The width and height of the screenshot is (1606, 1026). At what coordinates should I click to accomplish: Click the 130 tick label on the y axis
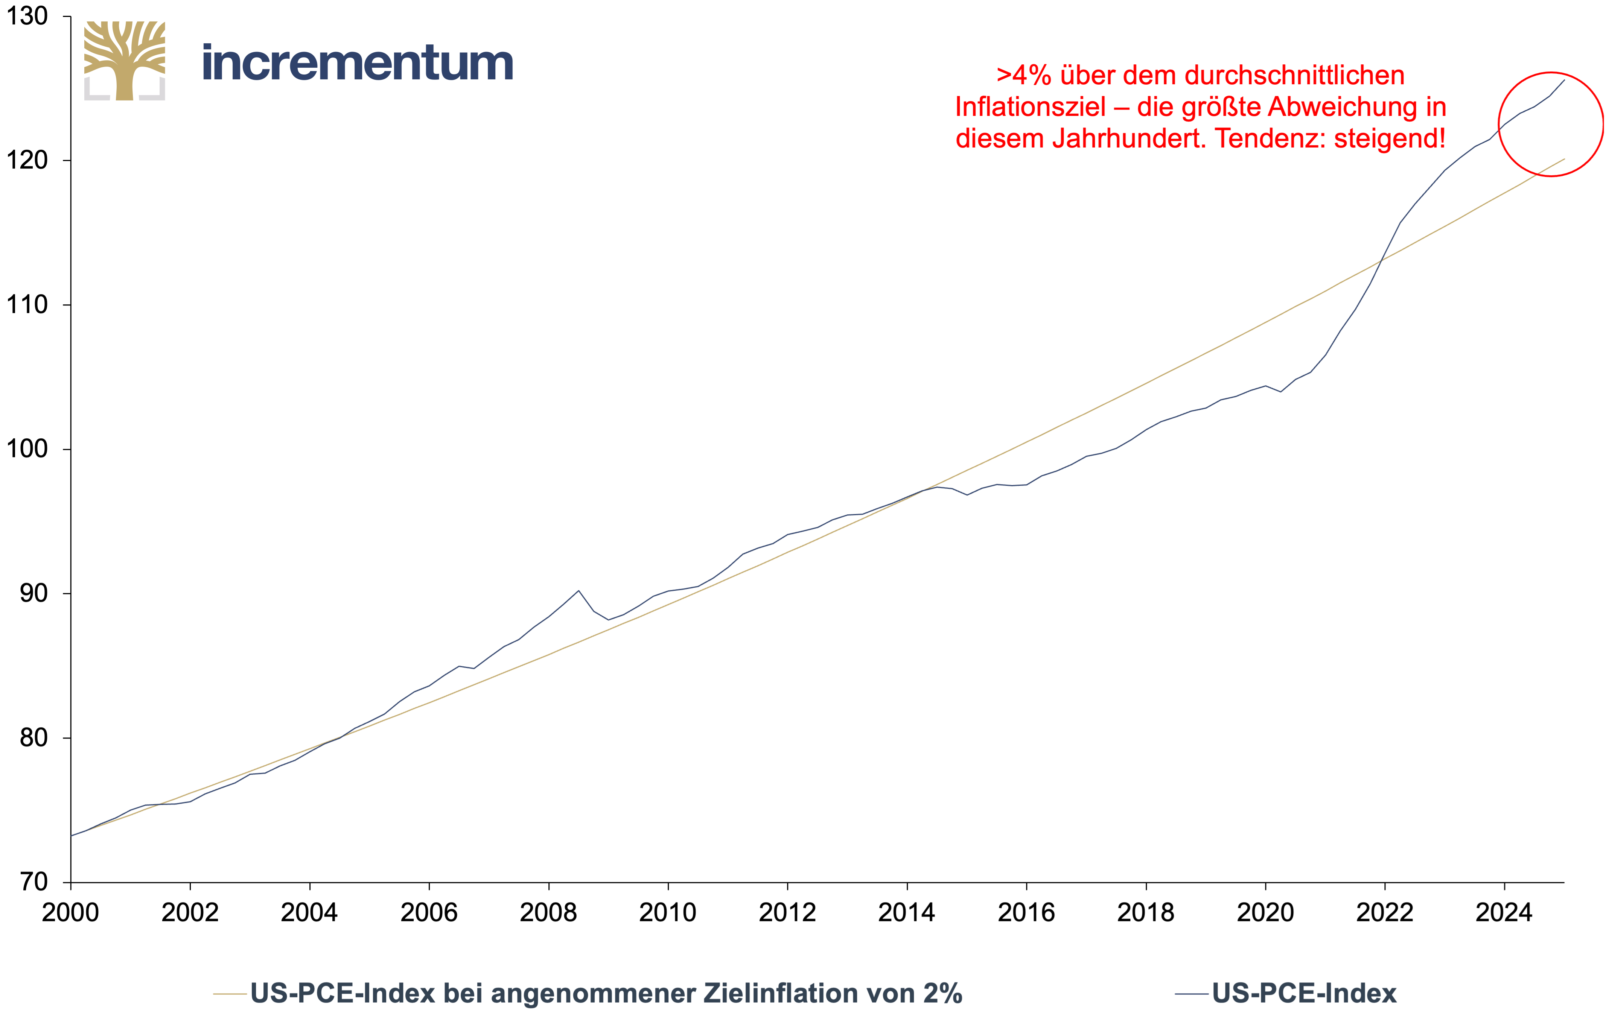point(27,16)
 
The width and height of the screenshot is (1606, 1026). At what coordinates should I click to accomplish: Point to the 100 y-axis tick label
point(27,449)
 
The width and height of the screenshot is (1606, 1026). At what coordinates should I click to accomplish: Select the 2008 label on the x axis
point(548,912)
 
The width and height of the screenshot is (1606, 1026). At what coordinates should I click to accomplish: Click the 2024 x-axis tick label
point(1504,912)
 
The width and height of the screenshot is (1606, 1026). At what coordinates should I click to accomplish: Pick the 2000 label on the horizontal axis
point(71,912)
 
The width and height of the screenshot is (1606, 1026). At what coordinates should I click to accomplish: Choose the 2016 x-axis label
point(1026,912)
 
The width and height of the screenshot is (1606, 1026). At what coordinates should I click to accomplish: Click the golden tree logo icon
point(125,61)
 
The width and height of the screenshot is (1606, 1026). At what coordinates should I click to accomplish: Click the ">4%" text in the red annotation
point(1024,75)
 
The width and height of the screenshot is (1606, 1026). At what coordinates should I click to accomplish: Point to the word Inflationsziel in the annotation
point(1031,107)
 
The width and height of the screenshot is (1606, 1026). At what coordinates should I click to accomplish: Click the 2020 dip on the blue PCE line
point(1280,391)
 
